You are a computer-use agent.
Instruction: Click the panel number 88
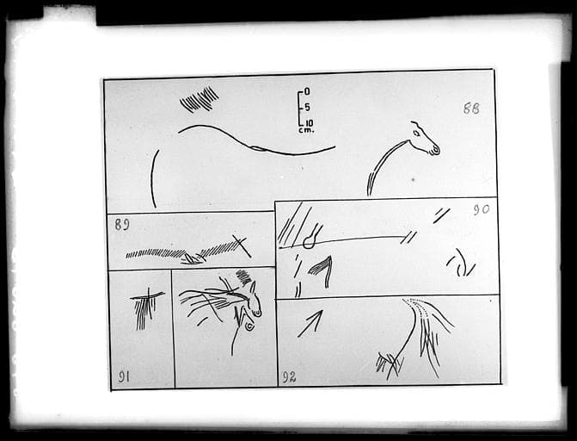tap(471, 109)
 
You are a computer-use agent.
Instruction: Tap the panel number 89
tap(122, 224)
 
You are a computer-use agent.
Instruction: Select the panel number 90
tap(482, 210)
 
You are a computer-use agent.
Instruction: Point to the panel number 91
tap(124, 376)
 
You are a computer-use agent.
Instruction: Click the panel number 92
tap(289, 377)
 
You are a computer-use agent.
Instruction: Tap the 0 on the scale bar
tap(307, 91)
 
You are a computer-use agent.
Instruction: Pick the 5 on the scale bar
tap(307, 108)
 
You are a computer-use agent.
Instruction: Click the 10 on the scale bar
tap(309, 123)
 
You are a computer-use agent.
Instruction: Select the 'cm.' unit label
tap(306, 130)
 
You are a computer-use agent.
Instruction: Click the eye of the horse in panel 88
tap(416, 134)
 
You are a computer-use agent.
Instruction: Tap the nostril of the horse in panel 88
tap(436, 150)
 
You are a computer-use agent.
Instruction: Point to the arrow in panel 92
tap(310, 324)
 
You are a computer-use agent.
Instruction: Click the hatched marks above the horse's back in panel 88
tap(199, 99)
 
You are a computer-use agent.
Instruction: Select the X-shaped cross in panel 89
tap(242, 245)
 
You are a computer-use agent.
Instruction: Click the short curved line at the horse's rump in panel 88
tap(154, 178)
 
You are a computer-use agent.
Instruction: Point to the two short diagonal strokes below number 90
tap(442, 215)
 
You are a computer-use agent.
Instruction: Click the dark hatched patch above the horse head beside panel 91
tap(243, 277)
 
